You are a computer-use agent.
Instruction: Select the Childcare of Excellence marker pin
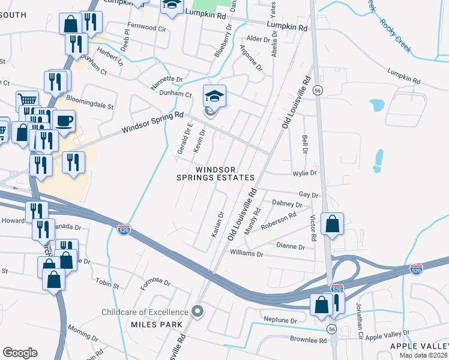197,311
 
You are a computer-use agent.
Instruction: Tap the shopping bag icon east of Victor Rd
332,224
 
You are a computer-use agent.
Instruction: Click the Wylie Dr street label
305,173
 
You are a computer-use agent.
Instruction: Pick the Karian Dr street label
217,224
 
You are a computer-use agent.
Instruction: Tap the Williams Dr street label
247,254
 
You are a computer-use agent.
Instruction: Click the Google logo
20,353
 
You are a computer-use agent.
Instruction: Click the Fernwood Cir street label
143,28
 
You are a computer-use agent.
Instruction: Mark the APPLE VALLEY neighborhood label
419,346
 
